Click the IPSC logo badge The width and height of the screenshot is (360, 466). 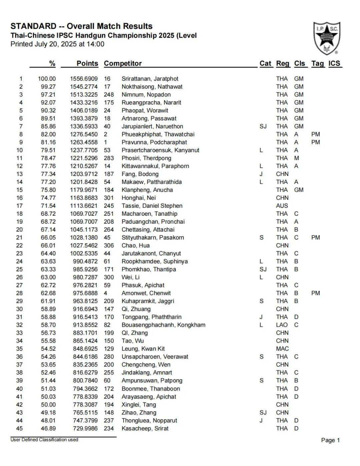326,38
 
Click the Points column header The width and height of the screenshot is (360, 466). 87,63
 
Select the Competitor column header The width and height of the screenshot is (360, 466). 123,63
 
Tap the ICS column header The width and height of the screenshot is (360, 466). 334,63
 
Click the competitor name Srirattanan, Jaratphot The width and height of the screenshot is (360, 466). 150,79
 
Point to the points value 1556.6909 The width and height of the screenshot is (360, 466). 84,79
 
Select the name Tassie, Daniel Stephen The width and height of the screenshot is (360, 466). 152,206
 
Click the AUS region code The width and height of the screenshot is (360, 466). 282,206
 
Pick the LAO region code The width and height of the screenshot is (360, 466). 282,325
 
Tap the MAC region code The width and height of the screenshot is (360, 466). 282,349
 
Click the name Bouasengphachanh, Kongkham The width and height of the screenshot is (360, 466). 163,325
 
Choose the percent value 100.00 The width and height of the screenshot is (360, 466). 47,79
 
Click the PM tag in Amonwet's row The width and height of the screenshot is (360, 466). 315,293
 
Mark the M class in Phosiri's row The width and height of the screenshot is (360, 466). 296,158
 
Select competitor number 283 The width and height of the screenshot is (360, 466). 109,158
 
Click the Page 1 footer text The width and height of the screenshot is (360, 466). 330,440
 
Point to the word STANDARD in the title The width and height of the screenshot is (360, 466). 33,26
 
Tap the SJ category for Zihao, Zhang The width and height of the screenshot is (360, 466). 263,412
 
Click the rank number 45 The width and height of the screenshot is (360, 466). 19,428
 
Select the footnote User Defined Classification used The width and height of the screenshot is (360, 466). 44,440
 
